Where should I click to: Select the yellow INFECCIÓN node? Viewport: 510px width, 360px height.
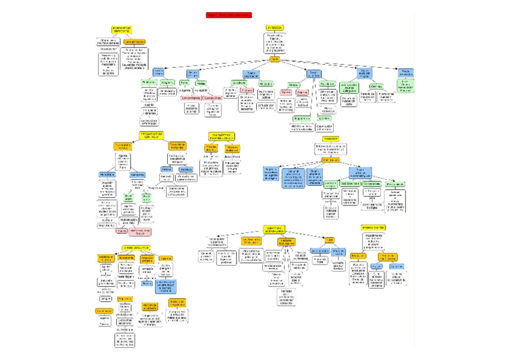(274, 28)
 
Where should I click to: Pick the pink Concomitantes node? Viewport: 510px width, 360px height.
(191, 98)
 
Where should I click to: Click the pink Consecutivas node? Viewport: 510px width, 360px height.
(213, 98)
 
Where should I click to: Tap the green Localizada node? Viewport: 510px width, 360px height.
(238, 83)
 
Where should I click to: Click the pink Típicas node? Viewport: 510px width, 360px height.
(286, 93)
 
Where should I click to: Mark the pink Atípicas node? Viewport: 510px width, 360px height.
(302, 93)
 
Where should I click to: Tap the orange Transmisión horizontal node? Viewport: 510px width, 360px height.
(177, 145)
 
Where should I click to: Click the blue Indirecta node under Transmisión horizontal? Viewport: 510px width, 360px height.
(186, 169)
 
